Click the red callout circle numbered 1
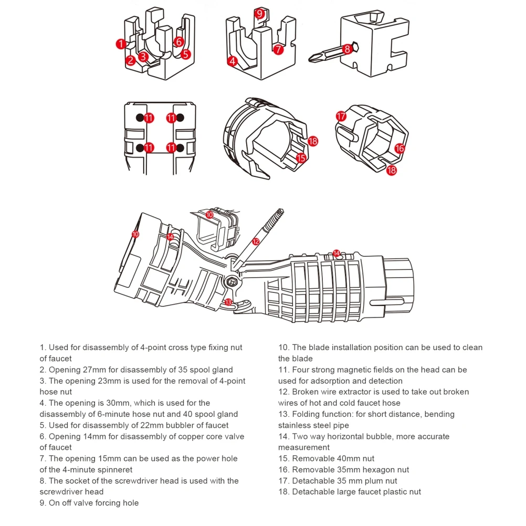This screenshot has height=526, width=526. (x=121, y=44)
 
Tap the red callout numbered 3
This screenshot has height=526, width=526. (x=143, y=57)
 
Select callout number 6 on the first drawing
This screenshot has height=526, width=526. (x=178, y=41)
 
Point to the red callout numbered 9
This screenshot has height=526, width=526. (x=259, y=13)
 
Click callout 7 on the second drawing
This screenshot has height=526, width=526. (x=278, y=50)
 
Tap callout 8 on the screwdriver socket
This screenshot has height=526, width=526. (x=346, y=49)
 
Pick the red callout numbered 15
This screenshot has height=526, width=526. (x=301, y=157)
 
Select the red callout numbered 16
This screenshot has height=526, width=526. (x=399, y=148)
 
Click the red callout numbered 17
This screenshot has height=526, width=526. (x=341, y=116)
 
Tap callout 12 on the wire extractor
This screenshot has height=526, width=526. (x=256, y=241)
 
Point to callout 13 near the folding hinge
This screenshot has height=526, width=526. (x=228, y=302)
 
